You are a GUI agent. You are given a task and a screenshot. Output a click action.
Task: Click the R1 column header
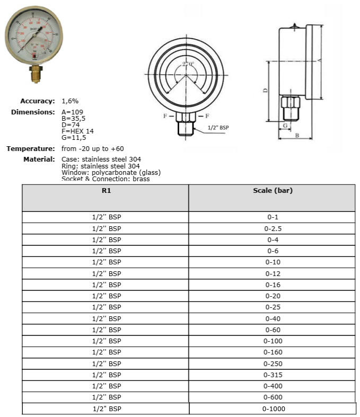[x=105, y=191]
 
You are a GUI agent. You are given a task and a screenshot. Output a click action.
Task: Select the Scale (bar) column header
[x=273, y=191]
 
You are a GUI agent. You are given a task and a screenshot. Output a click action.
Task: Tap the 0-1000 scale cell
[x=273, y=409]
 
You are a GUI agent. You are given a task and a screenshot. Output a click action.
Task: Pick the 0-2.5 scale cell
[x=273, y=228]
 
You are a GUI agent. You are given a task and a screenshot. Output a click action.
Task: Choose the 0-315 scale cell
[x=273, y=375]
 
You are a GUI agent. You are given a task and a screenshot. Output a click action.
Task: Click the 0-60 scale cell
[x=273, y=330]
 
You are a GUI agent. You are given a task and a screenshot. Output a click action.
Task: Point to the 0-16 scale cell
[x=273, y=285]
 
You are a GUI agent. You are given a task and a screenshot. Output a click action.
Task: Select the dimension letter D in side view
[x=265, y=91]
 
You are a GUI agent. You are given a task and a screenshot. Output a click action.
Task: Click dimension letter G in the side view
[x=285, y=126]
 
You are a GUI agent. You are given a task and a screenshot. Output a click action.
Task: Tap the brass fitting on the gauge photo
[x=35, y=73]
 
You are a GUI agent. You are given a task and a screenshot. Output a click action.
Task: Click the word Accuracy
[x=38, y=101]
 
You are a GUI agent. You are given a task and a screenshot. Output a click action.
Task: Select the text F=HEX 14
[x=78, y=131]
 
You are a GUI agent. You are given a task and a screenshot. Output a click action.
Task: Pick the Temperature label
[x=31, y=149]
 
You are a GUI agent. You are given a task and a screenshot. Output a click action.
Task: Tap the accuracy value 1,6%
[x=71, y=101]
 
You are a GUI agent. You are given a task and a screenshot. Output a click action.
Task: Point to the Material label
[x=39, y=159]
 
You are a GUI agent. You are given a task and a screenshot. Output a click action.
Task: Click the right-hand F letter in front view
[x=207, y=116]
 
